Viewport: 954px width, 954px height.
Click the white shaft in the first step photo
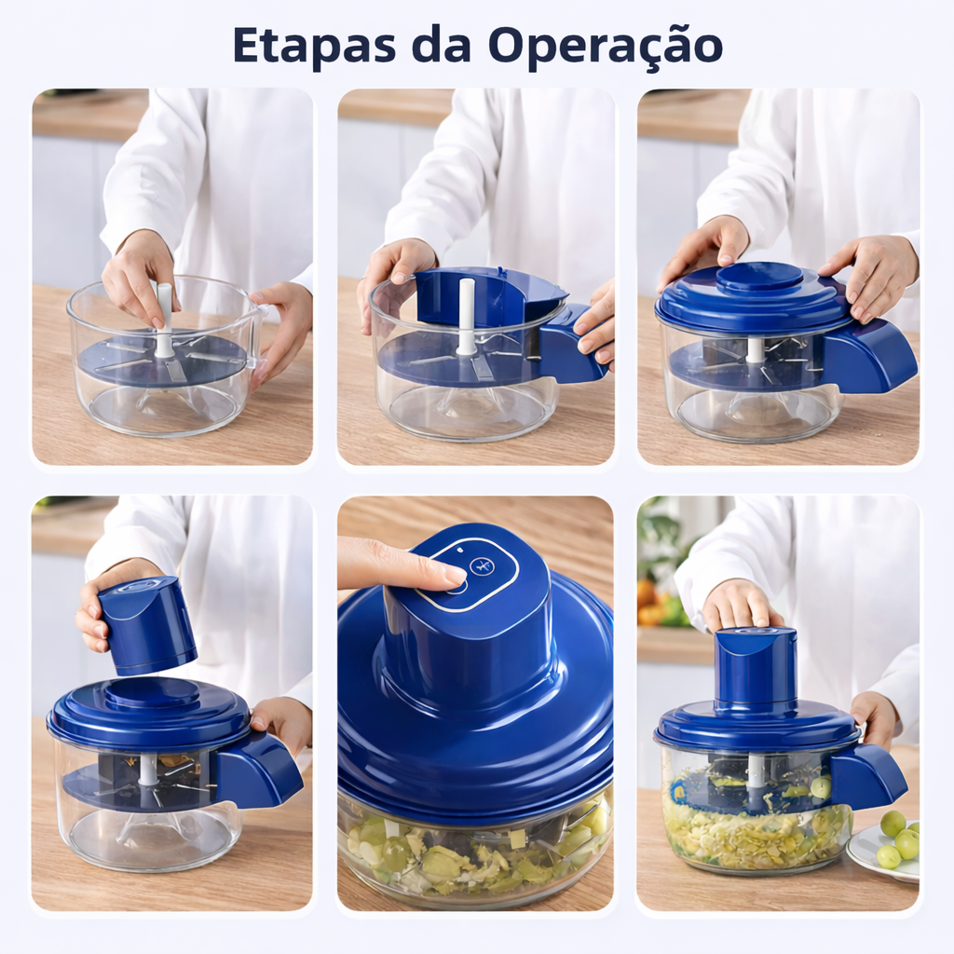click(164, 320)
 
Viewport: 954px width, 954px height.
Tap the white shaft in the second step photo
click(466, 317)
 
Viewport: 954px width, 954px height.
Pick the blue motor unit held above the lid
click(146, 626)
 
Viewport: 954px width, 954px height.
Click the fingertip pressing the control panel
click(450, 574)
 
